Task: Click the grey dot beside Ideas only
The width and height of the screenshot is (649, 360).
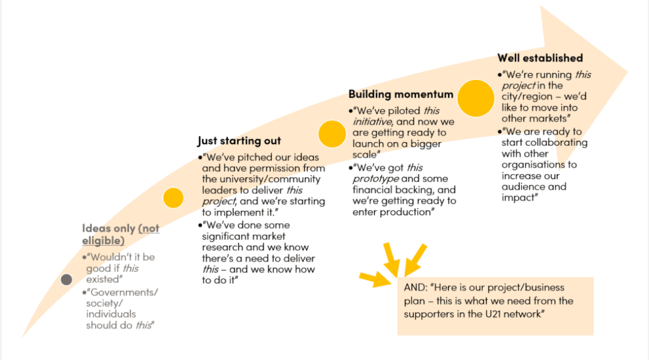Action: (66, 280)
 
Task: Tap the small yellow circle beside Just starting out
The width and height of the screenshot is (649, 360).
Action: (173, 198)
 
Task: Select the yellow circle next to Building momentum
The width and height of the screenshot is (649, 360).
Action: (332, 134)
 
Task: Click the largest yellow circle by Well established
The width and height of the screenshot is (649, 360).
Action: (476, 98)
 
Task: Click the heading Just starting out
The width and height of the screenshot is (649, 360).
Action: (239, 141)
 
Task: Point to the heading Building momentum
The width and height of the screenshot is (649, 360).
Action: (401, 94)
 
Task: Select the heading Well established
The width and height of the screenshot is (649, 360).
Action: (540, 58)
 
